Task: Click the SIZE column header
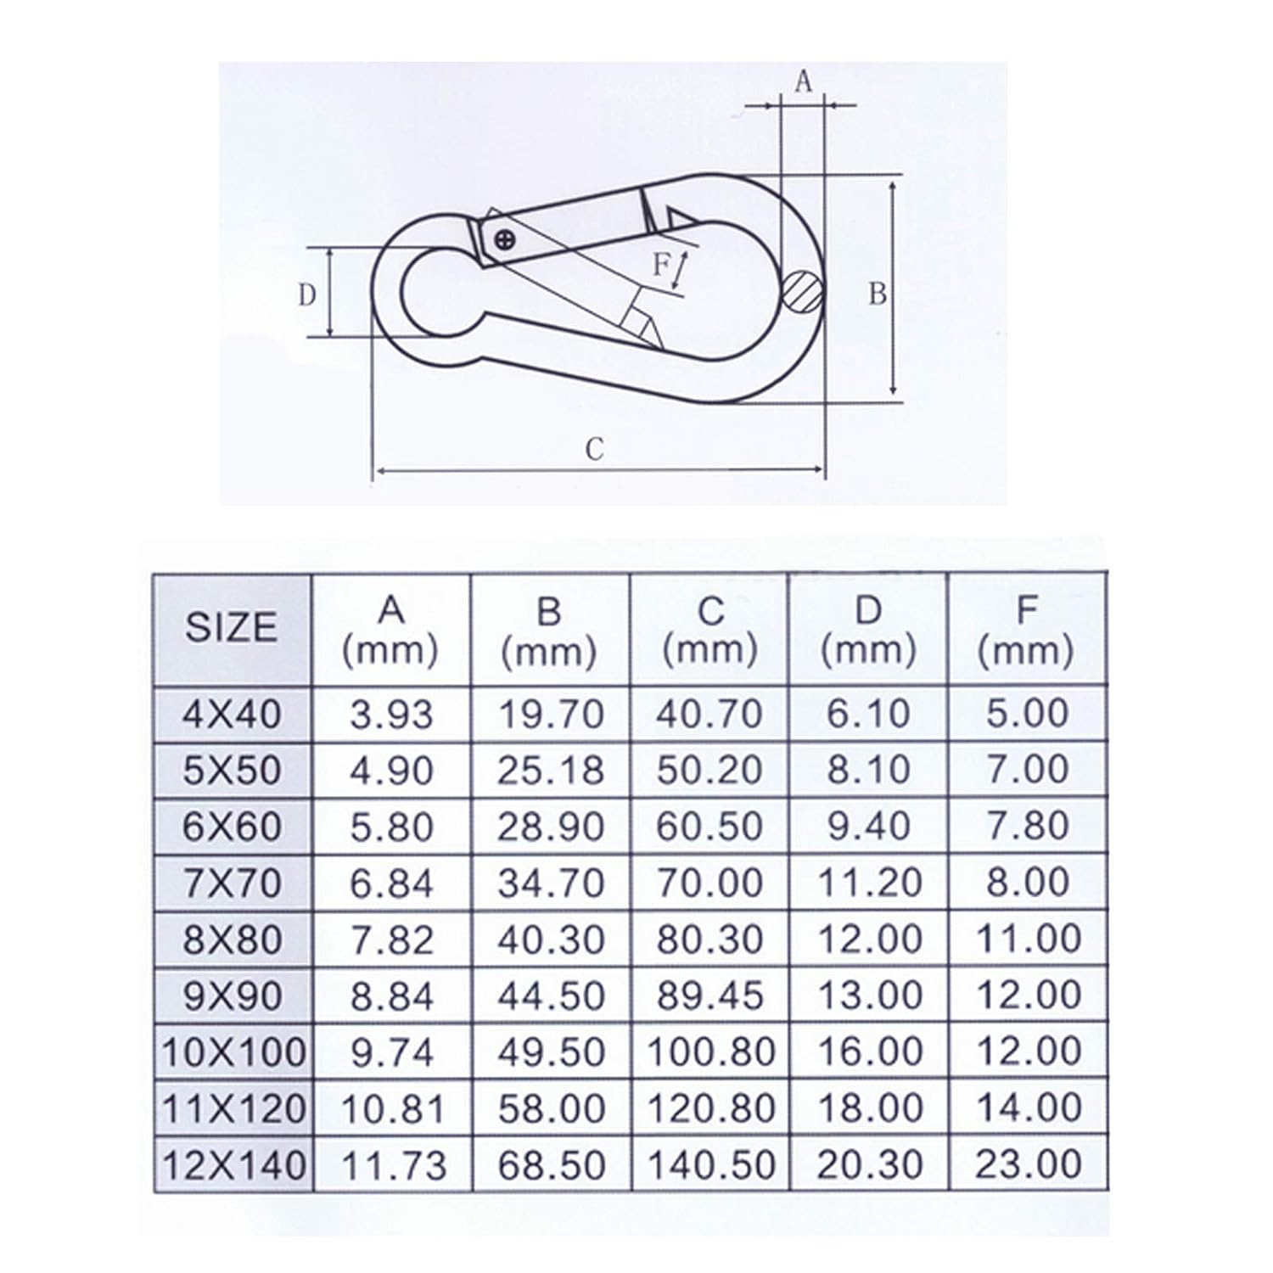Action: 232,627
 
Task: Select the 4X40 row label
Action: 232,714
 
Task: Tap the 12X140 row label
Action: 233,1164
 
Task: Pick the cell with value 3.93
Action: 391,714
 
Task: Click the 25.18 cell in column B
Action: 551,770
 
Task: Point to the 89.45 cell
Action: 710,995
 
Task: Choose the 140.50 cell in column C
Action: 711,1164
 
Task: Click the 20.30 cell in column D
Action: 869,1164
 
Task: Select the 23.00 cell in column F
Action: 1028,1164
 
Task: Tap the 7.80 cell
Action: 1028,826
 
